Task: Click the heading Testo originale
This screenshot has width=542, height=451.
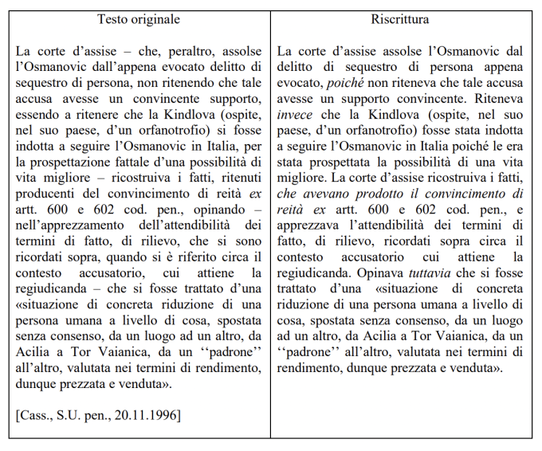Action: (139, 18)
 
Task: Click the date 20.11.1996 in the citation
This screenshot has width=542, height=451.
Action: (152, 414)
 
